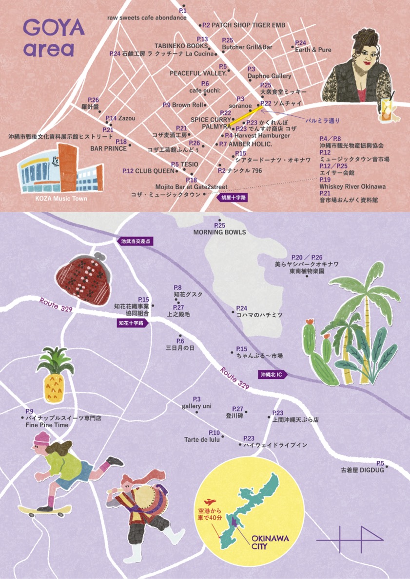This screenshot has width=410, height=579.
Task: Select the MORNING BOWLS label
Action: (x=219, y=232)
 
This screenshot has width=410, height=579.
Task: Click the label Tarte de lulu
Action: (x=202, y=439)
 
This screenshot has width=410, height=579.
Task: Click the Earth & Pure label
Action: (x=313, y=50)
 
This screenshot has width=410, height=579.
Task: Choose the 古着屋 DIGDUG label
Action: (x=362, y=470)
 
